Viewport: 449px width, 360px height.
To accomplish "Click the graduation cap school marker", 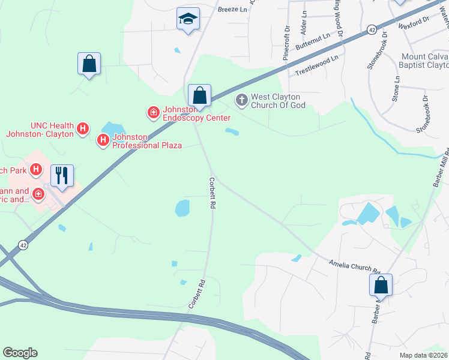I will point(188,19).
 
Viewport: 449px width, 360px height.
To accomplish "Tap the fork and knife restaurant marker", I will point(62,175).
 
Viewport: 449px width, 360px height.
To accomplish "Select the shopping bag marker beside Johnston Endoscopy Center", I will point(199,95).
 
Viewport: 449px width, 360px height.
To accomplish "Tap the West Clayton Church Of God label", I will point(278,101).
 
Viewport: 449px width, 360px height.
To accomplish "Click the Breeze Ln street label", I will point(233,10).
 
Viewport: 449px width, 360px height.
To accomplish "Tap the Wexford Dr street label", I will point(414,23).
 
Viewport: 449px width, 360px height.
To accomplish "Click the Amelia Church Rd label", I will point(355,266).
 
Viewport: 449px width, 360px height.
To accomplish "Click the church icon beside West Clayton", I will point(241,100).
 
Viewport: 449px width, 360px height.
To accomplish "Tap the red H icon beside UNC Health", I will point(83,128).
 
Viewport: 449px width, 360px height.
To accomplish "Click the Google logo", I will point(20,353).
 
